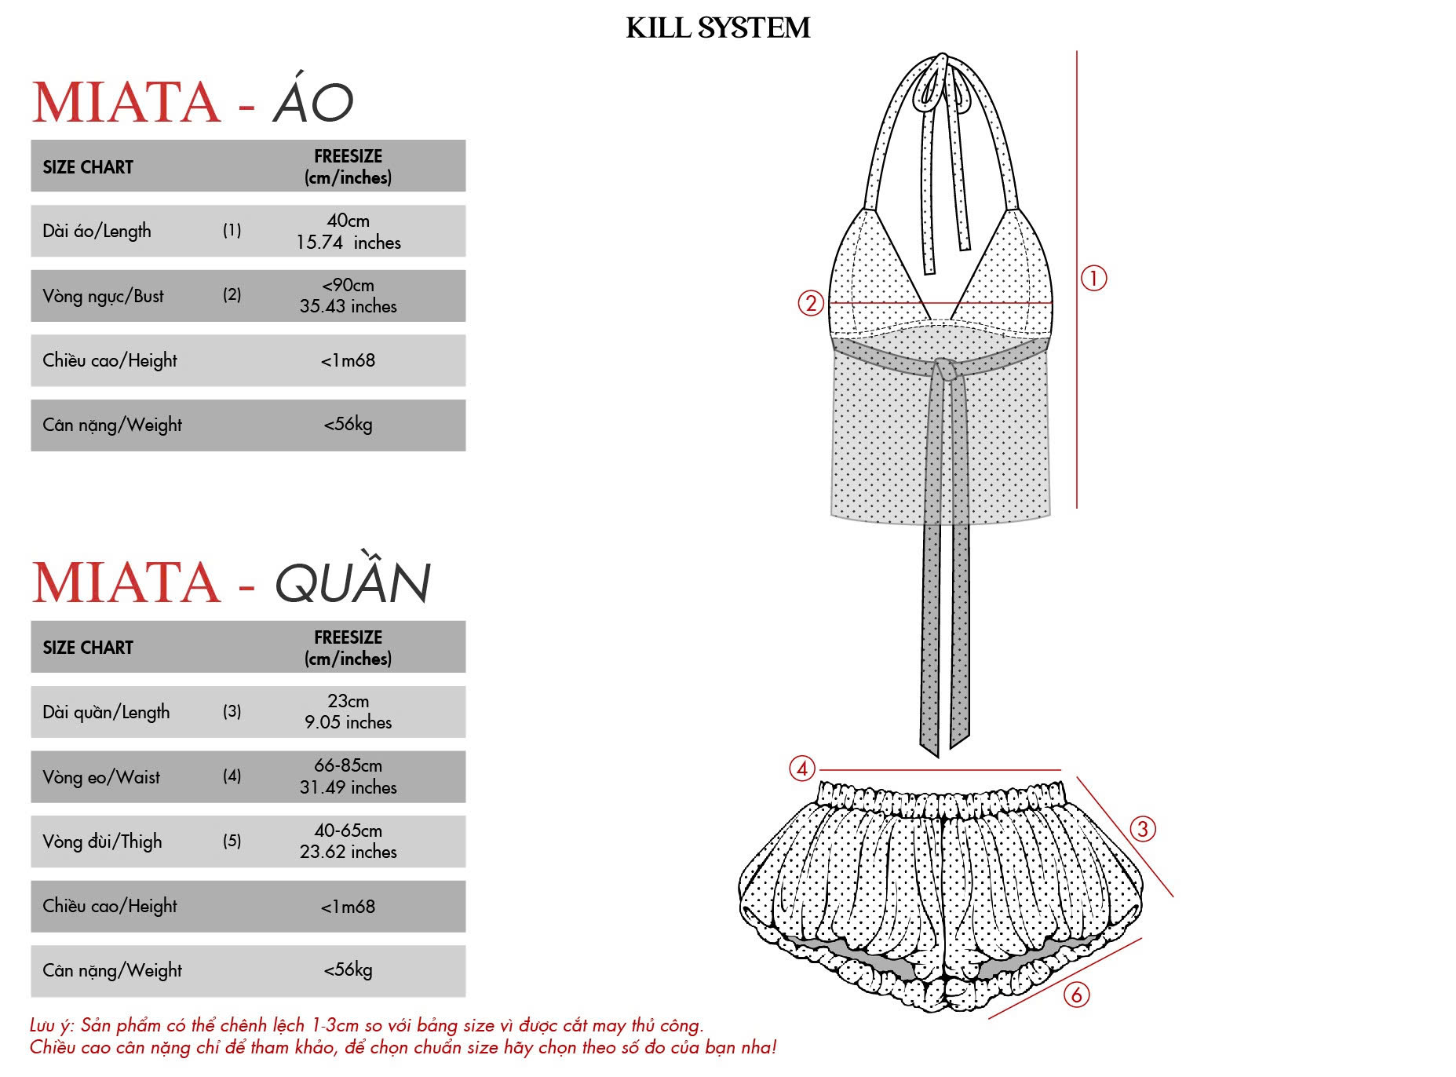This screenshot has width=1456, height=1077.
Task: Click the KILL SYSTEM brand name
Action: point(717,28)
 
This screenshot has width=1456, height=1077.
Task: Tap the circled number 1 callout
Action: point(1093,278)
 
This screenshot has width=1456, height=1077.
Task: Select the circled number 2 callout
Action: point(811,303)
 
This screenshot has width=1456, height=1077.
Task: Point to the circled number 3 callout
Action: point(1142,829)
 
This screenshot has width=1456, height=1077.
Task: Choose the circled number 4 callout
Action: point(802,769)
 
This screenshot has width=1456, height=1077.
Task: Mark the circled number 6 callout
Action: point(1076,995)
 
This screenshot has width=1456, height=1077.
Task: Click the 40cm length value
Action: point(348,221)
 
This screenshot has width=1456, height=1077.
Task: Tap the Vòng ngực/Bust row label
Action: point(104,296)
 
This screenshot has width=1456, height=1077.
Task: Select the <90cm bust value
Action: point(348,285)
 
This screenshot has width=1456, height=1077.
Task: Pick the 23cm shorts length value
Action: point(348,701)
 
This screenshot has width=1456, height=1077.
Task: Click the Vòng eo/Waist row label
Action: point(101,777)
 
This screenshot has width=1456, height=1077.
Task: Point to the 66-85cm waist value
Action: point(348,765)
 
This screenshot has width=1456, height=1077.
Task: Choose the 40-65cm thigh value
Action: point(348,831)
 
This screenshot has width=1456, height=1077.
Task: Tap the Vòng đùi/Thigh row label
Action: point(103,842)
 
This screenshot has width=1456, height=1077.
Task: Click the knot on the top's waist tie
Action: point(946,369)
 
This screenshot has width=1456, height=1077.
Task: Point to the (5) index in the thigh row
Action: point(232,841)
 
